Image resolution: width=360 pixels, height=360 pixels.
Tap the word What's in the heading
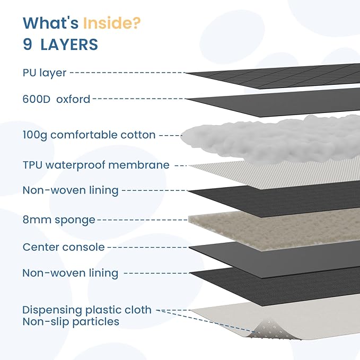click(51, 23)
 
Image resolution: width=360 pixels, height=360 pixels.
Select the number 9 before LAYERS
click(28, 45)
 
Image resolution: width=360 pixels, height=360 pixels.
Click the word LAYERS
click(69, 45)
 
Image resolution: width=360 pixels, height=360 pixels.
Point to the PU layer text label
click(45, 73)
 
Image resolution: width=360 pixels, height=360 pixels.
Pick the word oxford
click(73, 99)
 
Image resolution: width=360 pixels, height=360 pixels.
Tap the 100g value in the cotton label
click(34, 135)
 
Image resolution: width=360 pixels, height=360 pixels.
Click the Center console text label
click(64, 247)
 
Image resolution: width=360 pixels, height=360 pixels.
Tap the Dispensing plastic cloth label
click(87, 310)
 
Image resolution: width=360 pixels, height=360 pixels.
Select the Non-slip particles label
click(71, 322)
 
